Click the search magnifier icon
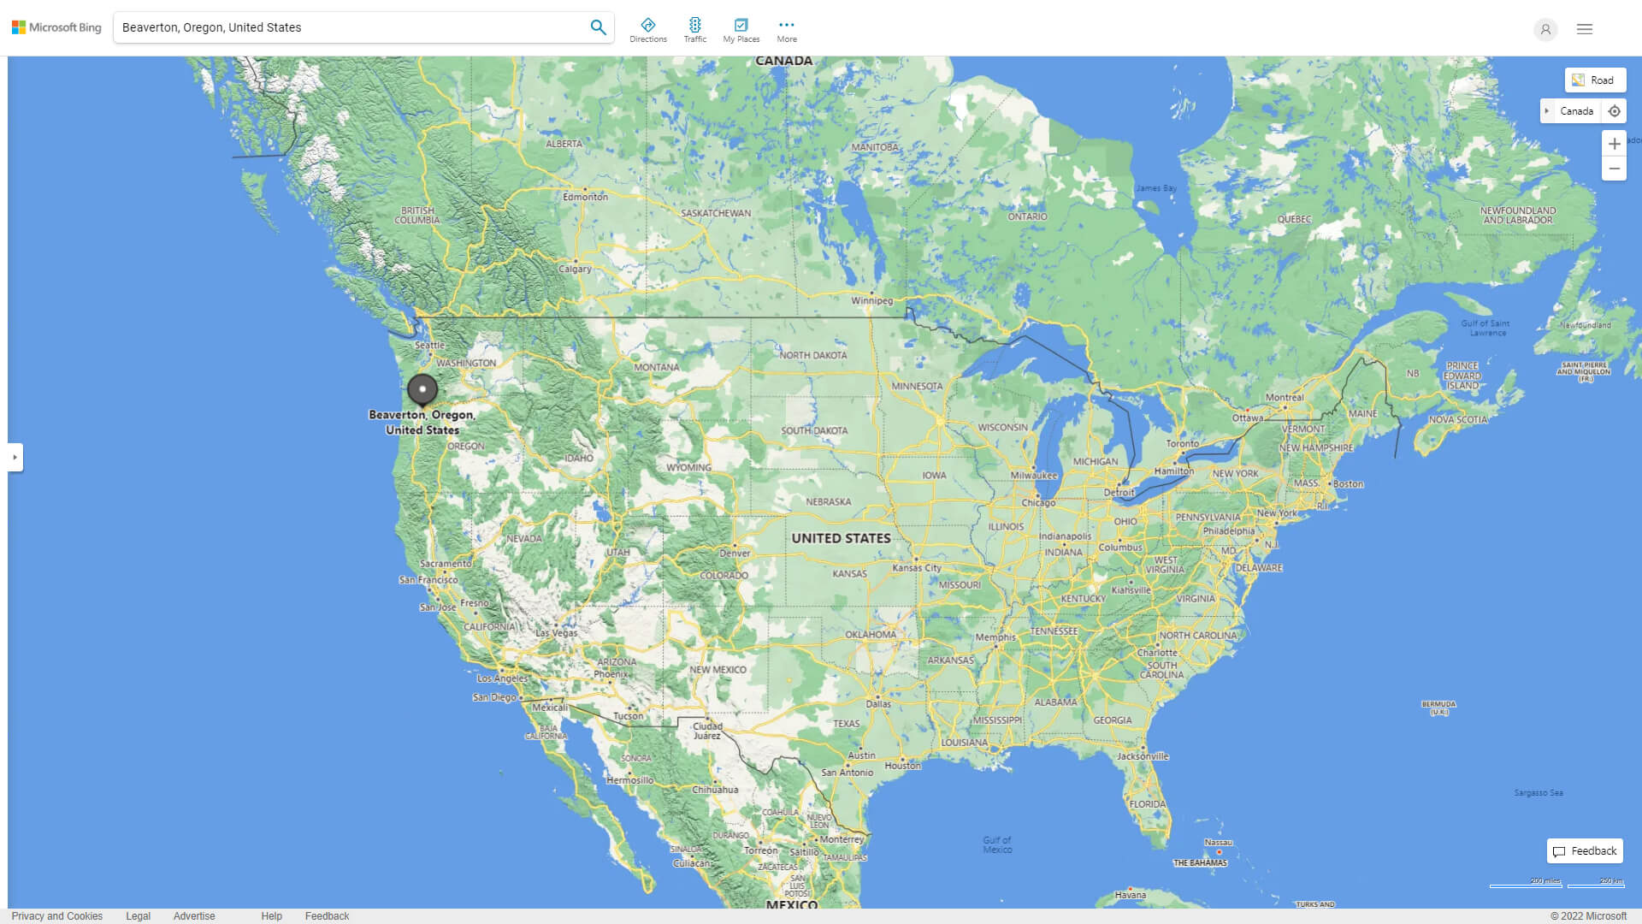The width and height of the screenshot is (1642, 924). point(598,27)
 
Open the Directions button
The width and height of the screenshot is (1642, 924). point(648,30)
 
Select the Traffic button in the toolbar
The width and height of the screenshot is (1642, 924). point(695,30)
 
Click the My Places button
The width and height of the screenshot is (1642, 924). point(741,30)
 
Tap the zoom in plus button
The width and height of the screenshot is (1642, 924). point(1614,144)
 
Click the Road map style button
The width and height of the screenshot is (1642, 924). point(1595,80)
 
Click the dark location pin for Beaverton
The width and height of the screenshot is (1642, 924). point(422,389)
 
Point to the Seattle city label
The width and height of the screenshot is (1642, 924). point(429,345)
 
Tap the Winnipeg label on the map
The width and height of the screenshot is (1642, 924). point(871,301)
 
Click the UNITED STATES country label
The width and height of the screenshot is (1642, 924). point(841,538)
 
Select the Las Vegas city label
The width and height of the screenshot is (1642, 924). point(556,633)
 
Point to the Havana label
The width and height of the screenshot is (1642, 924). point(1130,895)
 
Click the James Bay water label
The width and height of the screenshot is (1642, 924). point(1155,188)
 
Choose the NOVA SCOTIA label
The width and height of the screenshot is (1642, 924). point(1458,419)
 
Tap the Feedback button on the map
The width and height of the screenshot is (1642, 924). point(1585,851)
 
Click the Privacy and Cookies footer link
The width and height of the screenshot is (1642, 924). point(57,916)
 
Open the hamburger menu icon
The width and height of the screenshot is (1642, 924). point(1585,29)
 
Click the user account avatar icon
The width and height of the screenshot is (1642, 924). point(1545,29)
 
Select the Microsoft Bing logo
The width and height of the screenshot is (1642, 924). point(56,27)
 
